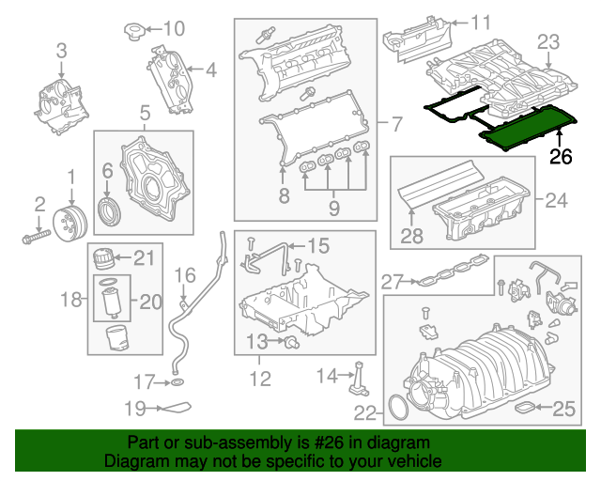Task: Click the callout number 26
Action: (x=560, y=157)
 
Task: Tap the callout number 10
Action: (x=175, y=27)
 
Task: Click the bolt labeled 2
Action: (x=32, y=234)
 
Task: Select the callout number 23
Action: (x=547, y=41)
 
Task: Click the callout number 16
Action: (x=184, y=275)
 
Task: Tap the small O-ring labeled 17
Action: (x=176, y=383)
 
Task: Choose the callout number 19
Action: (x=137, y=409)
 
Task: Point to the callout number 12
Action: (x=259, y=379)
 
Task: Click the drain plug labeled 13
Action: (x=290, y=340)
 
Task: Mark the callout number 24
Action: (x=557, y=199)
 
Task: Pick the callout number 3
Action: (x=61, y=50)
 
